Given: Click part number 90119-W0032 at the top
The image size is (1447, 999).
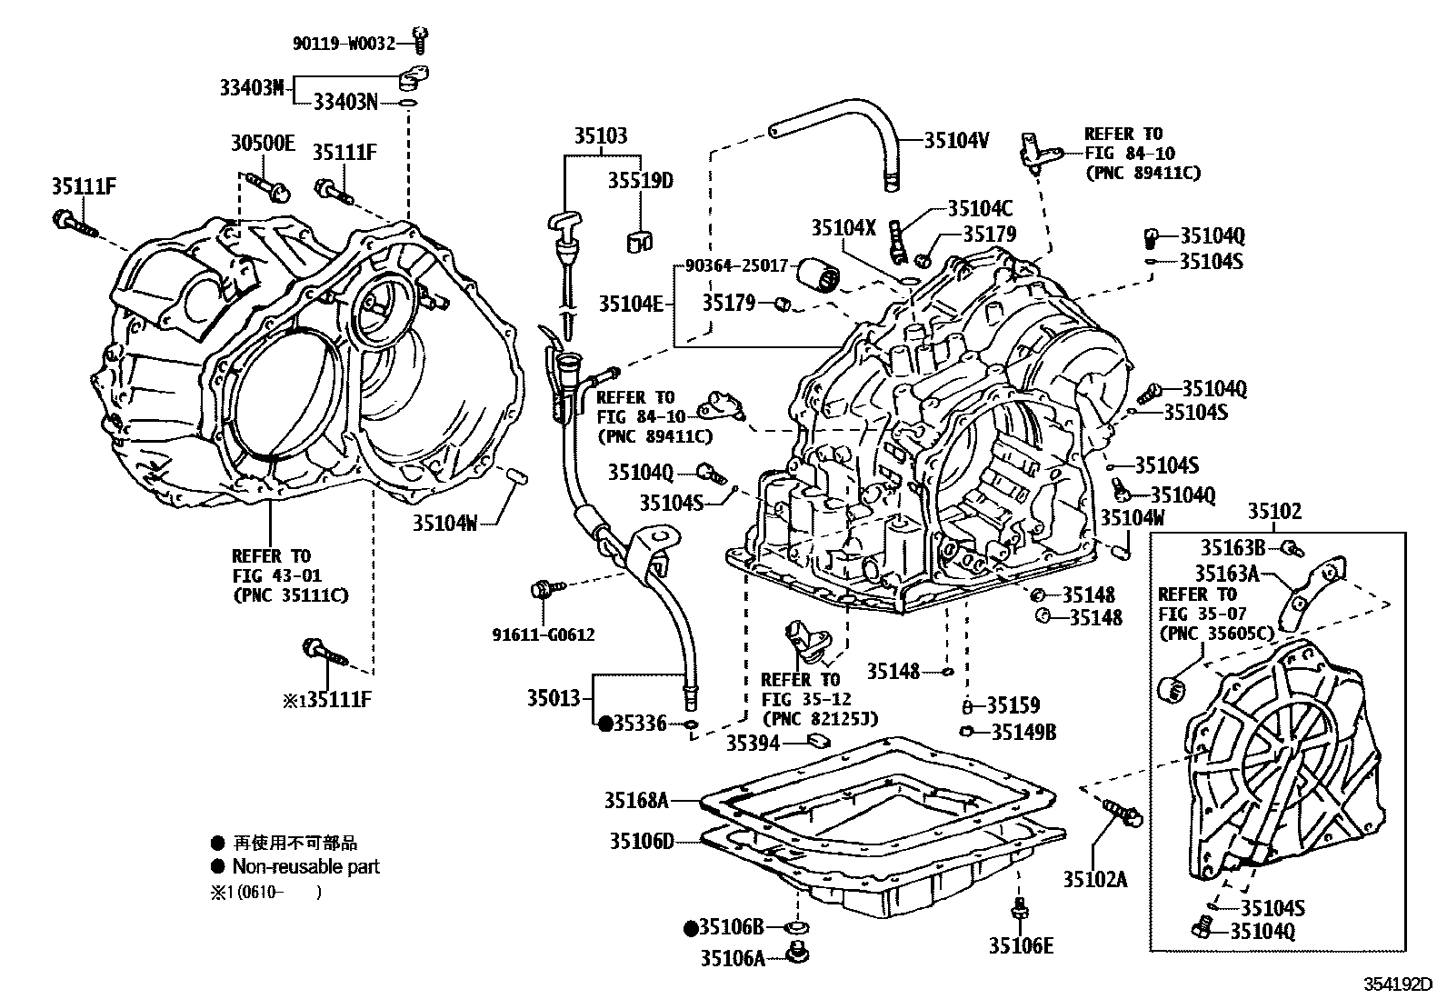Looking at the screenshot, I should pos(344,42).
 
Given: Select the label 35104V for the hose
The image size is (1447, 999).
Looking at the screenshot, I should pos(956,140).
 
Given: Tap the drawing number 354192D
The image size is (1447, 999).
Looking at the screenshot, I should pos(1396,984).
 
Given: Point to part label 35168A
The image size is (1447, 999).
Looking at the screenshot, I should pos(636,800).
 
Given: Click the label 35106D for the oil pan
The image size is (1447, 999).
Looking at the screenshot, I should pos(642,841).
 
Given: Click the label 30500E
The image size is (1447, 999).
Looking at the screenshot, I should pos(263,143).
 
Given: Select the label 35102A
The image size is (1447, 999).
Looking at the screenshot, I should pos(1095,879).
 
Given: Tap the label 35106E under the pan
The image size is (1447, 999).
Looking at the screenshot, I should pos(1021,946).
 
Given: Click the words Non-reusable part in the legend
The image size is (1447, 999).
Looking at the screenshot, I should pos(305,866).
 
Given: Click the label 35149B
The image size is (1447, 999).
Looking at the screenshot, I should pos(1023,732).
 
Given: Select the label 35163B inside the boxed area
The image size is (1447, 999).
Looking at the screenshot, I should pos(1232,547).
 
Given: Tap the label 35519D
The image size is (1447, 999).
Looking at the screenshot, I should pos(641,180).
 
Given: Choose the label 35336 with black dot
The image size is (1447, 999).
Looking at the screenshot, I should pos(640,724).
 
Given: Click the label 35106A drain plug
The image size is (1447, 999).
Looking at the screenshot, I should pos(733,956).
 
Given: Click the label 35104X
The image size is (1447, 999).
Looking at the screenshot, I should pos(843,228).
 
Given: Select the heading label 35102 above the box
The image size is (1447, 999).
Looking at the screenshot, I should pos(1273,512).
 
